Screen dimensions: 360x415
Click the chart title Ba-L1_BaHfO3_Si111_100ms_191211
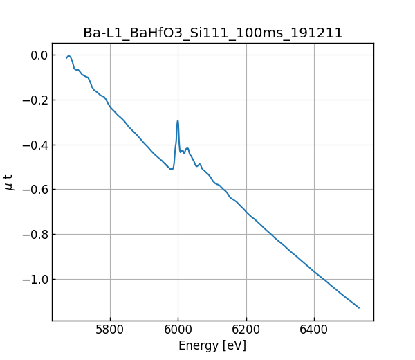click(x=213, y=33)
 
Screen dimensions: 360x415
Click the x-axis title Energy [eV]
click(x=212, y=345)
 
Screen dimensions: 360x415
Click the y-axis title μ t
click(x=9, y=182)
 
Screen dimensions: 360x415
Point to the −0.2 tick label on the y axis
click(x=33, y=100)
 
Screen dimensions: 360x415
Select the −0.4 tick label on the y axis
click(x=33, y=145)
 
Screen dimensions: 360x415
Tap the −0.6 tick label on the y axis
click(x=33, y=190)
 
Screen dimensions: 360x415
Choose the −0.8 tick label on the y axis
click(x=33, y=234)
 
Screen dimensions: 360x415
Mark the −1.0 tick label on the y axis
click(x=33, y=279)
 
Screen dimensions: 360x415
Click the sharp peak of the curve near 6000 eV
click(x=178, y=120)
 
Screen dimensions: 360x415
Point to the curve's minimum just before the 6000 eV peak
click(x=172, y=169)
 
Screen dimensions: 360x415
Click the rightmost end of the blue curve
click(x=359, y=307)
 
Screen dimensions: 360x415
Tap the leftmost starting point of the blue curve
click(x=66, y=58)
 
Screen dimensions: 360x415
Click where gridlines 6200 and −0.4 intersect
click(x=246, y=145)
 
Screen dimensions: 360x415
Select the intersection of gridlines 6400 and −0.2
click(x=313, y=100)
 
